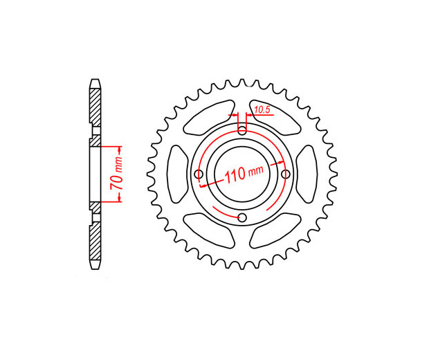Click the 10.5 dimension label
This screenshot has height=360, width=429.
pyautogui.click(x=262, y=110)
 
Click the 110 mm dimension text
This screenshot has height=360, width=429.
pyautogui.click(x=244, y=174)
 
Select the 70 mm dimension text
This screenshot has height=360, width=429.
pyautogui.click(x=116, y=174)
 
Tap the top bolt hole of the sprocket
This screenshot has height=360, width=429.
pyautogui.click(x=242, y=130)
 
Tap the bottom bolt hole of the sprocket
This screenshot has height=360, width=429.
pyautogui.click(x=242, y=218)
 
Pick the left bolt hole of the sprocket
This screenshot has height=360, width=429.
pyautogui.click(x=199, y=174)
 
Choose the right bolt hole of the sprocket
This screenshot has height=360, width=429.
pyautogui.click(x=286, y=174)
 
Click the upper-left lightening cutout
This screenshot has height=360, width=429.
pyautogui.click(x=208, y=118)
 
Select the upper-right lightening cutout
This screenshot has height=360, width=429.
pyautogui.click(x=275, y=118)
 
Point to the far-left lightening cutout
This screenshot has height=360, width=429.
pyautogui.click(x=177, y=174)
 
